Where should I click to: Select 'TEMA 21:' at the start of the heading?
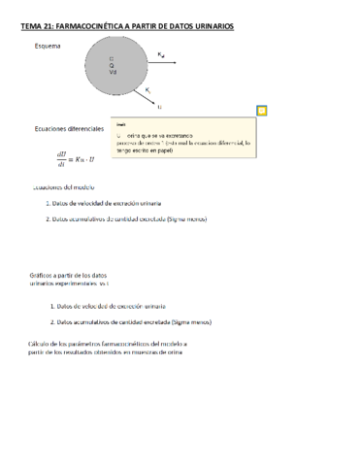tap(37, 27)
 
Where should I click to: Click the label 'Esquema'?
tap(47, 47)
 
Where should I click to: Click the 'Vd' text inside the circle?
tap(113, 73)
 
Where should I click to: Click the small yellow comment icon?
tap(261, 111)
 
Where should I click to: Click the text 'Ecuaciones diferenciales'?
tap(69, 128)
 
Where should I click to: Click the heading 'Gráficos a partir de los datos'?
tap(67, 276)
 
